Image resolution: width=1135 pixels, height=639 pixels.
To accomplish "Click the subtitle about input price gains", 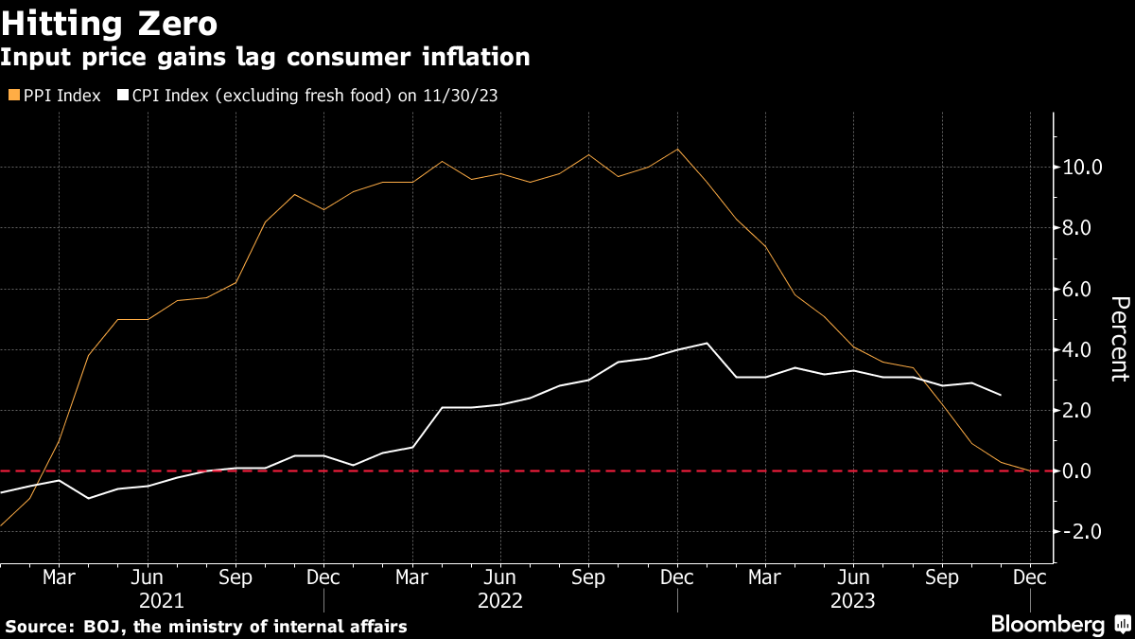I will pyautogui.click(x=265, y=57).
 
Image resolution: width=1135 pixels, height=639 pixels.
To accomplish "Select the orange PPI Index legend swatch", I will pyautogui.click(x=13, y=96).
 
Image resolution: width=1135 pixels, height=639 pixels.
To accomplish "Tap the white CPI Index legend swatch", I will pyautogui.click(x=122, y=96).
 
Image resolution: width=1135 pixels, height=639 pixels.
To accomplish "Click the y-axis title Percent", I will pyautogui.click(x=1119, y=338).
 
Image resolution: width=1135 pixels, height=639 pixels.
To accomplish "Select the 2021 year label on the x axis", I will pyautogui.click(x=162, y=600).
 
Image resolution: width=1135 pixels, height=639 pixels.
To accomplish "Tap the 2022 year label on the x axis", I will pyautogui.click(x=500, y=600).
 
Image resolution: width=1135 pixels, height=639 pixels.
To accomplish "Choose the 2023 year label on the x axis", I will pyautogui.click(x=853, y=600).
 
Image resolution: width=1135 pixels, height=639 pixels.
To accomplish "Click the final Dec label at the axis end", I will pyautogui.click(x=1030, y=577).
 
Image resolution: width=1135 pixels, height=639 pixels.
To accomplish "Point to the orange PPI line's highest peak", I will pyautogui.click(x=677, y=149).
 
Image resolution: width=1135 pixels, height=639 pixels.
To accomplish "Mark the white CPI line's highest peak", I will pyautogui.click(x=707, y=343).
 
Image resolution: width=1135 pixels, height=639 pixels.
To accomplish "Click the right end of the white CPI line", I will pyautogui.click(x=1001, y=395).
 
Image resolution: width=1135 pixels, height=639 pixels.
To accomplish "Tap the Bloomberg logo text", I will pyautogui.click(x=1047, y=624).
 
